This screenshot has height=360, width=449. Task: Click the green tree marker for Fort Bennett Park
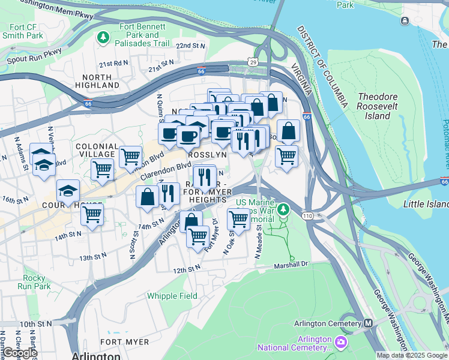click(104, 38)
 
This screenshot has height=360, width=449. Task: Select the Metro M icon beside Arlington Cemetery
click(368, 323)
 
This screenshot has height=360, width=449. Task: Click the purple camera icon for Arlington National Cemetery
click(341, 342)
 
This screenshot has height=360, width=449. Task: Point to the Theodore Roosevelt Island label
click(382, 106)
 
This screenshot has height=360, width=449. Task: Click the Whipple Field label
click(172, 296)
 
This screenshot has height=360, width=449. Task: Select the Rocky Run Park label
click(37, 282)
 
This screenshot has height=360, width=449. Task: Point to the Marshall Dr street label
click(291, 263)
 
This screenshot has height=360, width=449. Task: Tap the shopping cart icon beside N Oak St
click(239, 219)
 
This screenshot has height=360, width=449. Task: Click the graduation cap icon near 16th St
click(68, 190)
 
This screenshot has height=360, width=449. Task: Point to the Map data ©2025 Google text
click(412, 355)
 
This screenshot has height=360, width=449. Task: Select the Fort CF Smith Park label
click(26, 31)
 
